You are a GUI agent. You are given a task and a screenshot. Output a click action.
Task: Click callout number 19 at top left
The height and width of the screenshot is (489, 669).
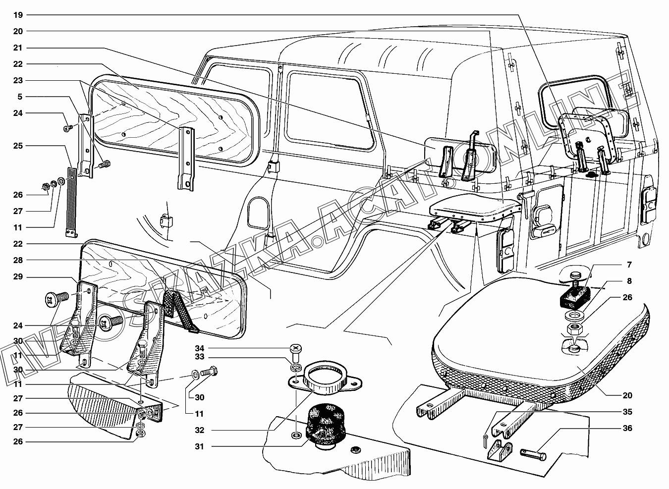tap(18, 15)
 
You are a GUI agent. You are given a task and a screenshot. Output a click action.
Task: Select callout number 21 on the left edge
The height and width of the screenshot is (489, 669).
tap(18, 48)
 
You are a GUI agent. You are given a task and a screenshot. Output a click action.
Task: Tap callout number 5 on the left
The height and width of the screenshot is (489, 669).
tap(20, 96)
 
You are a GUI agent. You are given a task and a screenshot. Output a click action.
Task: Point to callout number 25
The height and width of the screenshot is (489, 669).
tap(18, 146)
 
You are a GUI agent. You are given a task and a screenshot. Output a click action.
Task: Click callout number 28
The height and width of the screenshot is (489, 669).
tap(18, 260)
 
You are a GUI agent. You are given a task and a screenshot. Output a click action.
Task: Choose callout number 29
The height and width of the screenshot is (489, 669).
tap(18, 276)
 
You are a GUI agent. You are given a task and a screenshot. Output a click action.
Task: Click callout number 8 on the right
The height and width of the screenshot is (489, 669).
tap(629, 281)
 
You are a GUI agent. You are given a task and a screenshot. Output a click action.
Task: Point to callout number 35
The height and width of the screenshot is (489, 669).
tap(627, 412)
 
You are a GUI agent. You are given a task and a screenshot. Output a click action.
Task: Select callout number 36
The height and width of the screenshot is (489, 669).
tap(627, 429)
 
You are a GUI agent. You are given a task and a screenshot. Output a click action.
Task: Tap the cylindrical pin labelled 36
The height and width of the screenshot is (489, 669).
tap(534, 453)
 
